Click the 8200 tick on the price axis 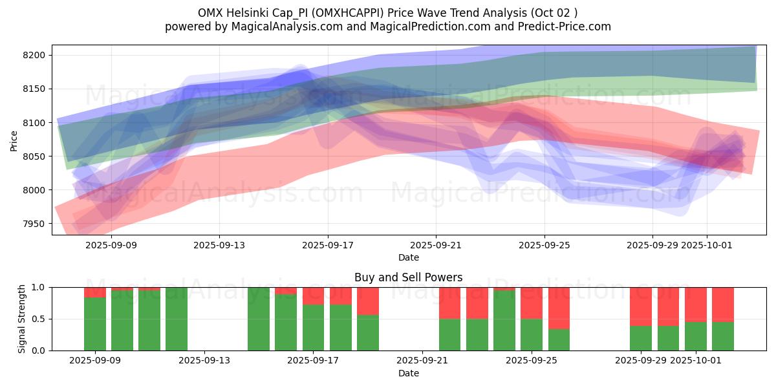pyautogui.click(x=35, y=55)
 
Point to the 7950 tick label pyautogui.click(x=35, y=224)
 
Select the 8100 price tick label pyautogui.click(x=35, y=123)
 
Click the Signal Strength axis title pyautogui.click(x=22, y=318)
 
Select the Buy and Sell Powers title pyautogui.click(x=408, y=277)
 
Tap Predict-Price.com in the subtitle pyautogui.click(x=567, y=27)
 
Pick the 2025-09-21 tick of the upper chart pyautogui.click(x=436, y=245)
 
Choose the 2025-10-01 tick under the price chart pyautogui.click(x=707, y=245)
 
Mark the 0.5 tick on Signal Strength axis pyautogui.click(x=39, y=319)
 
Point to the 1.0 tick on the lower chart pyautogui.click(x=39, y=287)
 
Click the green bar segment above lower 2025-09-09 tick pyautogui.click(x=95, y=323)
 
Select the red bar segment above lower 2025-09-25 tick pyautogui.click(x=532, y=303)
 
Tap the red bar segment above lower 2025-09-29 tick pyautogui.click(x=641, y=306)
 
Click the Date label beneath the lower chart pyautogui.click(x=408, y=373)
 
